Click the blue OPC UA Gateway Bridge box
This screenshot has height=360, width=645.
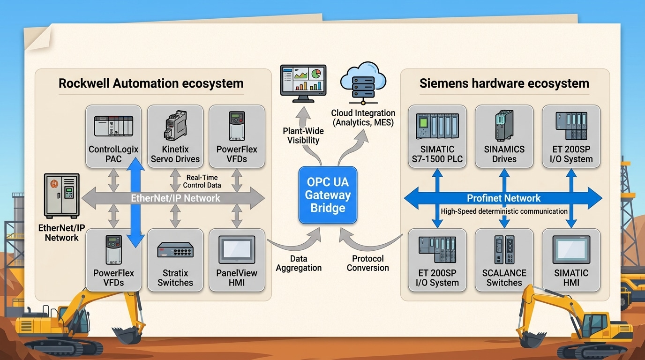click(328, 195)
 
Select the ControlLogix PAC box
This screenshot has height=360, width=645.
click(113, 136)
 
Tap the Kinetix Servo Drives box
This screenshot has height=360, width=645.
click(175, 136)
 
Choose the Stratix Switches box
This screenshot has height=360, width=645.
click(175, 260)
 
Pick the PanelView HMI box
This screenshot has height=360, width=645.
click(237, 260)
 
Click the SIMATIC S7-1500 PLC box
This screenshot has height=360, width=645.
click(437, 136)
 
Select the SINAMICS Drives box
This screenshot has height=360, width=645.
click(504, 136)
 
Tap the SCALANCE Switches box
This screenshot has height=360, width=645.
click(504, 260)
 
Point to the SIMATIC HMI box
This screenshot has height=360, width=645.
click(571, 260)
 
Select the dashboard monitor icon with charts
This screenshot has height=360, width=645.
click(303, 83)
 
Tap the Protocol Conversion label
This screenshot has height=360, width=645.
click(367, 263)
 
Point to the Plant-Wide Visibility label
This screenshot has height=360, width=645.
click(303, 135)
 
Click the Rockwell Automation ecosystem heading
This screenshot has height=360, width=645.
click(151, 84)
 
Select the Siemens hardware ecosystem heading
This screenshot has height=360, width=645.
click(504, 84)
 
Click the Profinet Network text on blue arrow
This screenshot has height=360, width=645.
click(503, 198)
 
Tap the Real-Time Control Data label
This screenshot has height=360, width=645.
click(202, 181)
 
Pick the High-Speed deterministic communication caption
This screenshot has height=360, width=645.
click(504, 211)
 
